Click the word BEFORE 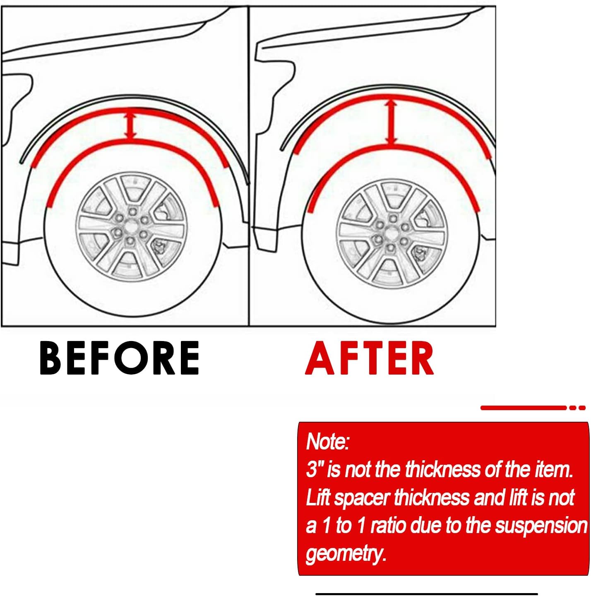pyautogui.click(x=119, y=358)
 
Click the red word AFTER pyautogui.click(x=369, y=358)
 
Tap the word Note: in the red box pyautogui.click(x=328, y=441)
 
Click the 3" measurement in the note pyautogui.click(x=315, y=469)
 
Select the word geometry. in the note pyautogui.click(x=346, y=553)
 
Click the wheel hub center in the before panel pyautogui.click(x=131, y=227)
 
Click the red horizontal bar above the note pyautogui.click(x=523, y=408)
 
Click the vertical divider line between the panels pyautogui.click(x=249, y=166)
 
